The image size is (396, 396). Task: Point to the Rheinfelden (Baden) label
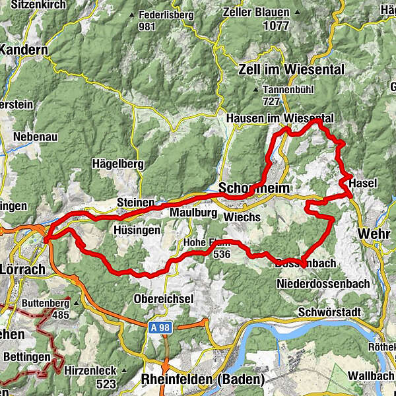pos(202,379)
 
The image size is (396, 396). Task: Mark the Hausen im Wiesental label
pos(279,117)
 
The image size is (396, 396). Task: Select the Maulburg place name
pos(193,213)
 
